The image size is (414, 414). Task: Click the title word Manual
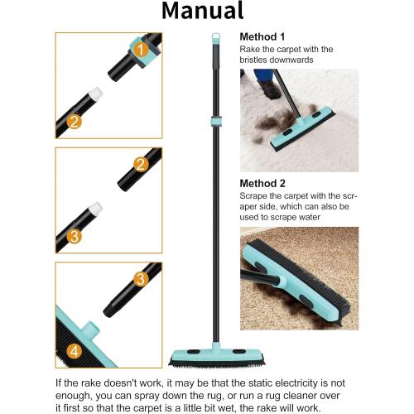point(202,12)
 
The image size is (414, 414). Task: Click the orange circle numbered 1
point(142,51)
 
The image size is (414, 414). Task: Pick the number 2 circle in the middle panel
point(142,165)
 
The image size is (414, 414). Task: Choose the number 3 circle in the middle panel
point(74,237)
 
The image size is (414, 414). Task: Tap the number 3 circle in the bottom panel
point(142,279)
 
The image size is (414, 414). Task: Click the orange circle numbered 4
point(74,350)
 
